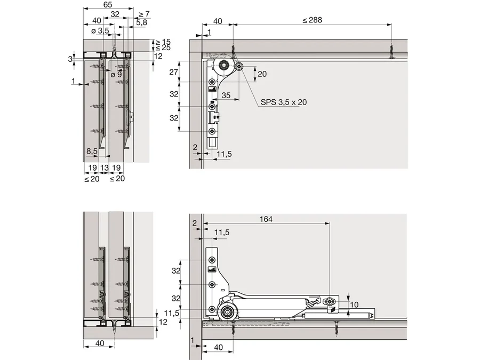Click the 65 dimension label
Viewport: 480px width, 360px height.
tap(108, 5)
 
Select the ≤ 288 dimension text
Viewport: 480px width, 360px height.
tap(312, 20)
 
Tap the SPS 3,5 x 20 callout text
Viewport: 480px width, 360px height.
tap(284, 102)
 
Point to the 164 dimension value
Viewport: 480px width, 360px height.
tap(266, 219)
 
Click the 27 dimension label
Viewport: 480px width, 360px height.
tap(173, 72)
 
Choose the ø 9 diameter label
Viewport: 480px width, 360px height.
tap(116, 74)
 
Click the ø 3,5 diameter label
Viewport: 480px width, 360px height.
tap(100, 30)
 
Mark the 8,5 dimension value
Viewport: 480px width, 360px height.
tap(92, 151)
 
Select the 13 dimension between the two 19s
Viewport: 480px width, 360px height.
tap(105, 168)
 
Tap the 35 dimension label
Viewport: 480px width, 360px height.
tap(226, 95)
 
